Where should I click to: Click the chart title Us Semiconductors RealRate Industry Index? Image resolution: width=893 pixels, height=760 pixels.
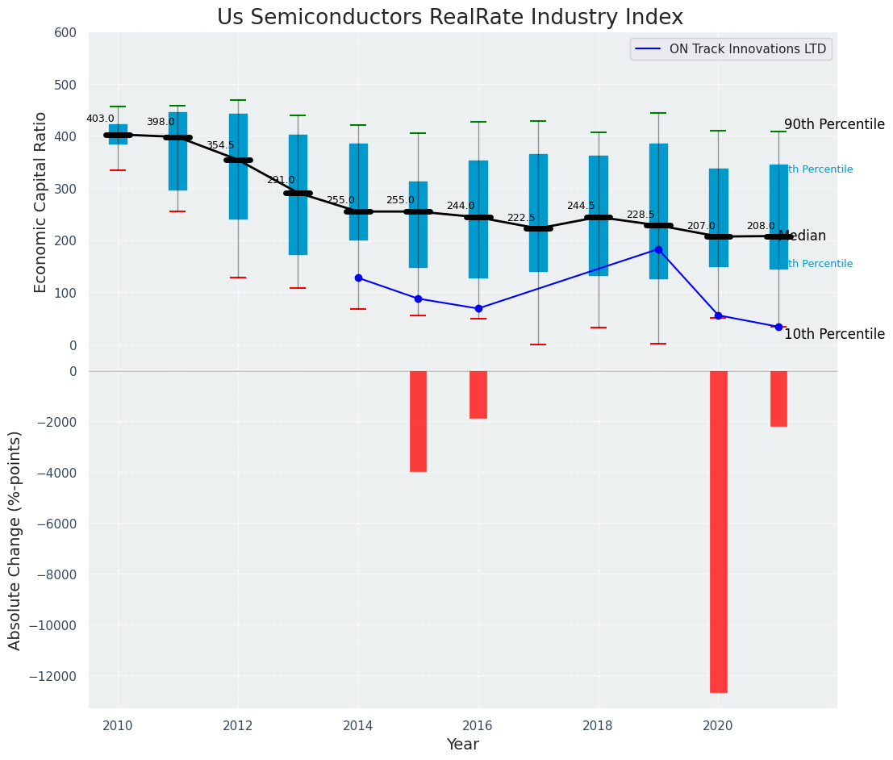point(449,18)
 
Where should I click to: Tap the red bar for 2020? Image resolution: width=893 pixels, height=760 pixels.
point(718,531)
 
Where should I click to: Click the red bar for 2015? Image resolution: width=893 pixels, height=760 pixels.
point(418,421)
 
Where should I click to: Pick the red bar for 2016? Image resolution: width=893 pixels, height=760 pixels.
point(478,395)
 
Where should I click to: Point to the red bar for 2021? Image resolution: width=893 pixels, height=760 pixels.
point(778,399)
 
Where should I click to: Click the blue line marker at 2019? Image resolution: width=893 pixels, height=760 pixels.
point(658,250)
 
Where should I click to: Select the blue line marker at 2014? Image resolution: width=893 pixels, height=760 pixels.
point(358,278)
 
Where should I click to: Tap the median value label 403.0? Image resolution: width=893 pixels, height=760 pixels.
point(100,119)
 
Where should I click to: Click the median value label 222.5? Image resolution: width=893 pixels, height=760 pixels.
point(520,218)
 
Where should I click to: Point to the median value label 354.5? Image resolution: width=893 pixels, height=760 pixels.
point(220,145)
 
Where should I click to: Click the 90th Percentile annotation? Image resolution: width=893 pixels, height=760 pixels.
point(834,125)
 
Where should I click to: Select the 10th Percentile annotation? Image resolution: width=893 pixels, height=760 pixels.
point(834,334)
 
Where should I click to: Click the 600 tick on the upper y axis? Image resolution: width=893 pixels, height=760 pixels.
point(65,33)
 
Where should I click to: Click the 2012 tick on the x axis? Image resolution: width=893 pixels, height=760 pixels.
point(238,725)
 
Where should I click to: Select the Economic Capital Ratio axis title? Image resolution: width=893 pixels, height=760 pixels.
point(41,203)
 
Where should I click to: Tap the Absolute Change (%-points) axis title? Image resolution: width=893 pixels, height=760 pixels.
point(15,540)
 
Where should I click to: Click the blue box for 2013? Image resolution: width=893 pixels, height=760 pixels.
point(298,194)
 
